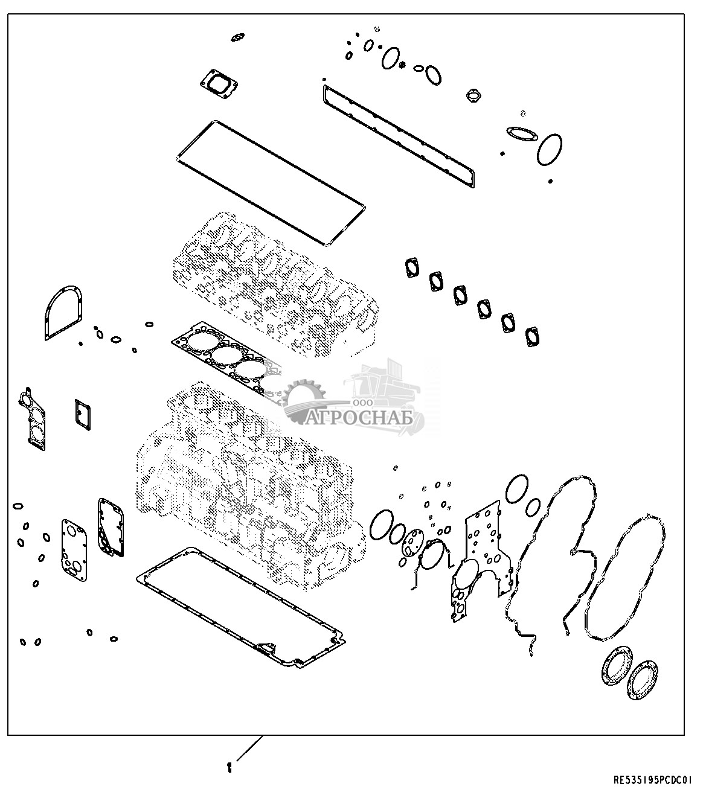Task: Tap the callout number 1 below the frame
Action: coord(229,767)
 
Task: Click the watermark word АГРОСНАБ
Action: coord(360,418)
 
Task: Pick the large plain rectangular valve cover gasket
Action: coord(271,184)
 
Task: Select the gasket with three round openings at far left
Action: coord(32,419)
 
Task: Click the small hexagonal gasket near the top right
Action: coord(473,95)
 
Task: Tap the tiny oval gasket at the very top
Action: coord(237,37)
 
